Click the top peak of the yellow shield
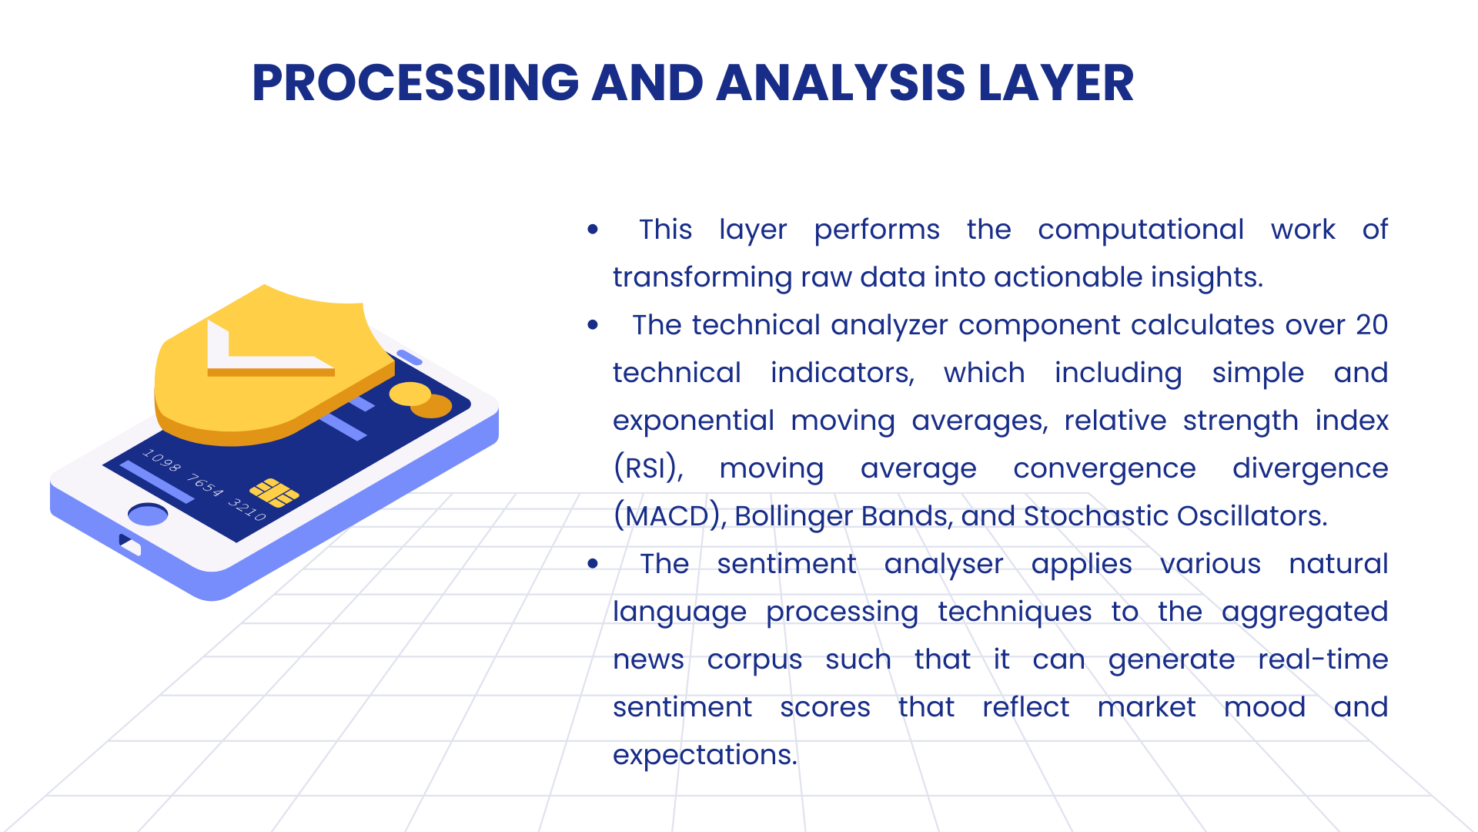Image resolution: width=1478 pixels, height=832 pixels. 264,286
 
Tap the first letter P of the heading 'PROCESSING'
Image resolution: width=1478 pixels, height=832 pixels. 268,82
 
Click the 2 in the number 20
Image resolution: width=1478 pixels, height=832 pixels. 1364,325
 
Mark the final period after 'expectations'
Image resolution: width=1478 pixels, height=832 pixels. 794,763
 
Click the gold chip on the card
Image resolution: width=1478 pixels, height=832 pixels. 274,493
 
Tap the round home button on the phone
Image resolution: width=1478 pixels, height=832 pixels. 148,514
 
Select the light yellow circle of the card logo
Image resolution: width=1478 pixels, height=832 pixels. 410,394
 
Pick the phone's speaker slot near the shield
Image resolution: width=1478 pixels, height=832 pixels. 409,357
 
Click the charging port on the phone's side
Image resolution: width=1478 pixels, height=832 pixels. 130,544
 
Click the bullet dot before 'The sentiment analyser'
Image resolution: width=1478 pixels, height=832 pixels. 593,564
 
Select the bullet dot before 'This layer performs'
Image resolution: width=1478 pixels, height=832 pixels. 593,230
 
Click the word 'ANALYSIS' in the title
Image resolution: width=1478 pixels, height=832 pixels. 841,82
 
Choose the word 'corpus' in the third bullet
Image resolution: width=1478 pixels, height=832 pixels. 754,661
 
